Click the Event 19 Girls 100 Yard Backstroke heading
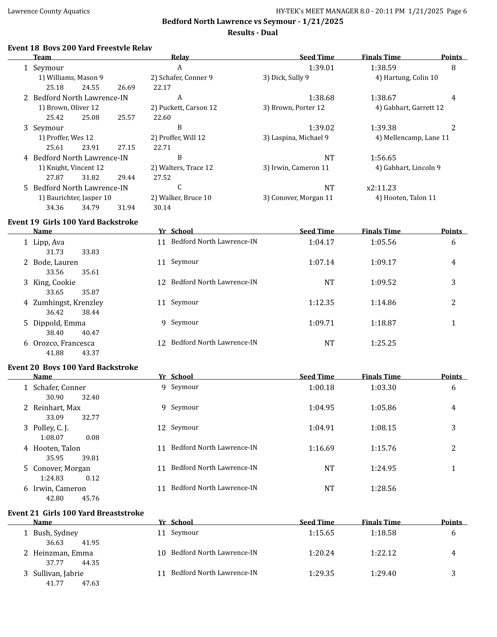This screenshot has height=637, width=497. pos(73,222)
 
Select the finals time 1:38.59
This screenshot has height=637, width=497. pos(383,68)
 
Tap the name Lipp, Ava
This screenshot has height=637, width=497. pos(49,242)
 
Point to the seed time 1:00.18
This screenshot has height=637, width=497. pos(321,388)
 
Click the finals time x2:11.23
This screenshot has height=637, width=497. pos(381,188)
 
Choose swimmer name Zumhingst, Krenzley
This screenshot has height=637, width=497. pos(68,303)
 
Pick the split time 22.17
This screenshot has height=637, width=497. pos(162,88)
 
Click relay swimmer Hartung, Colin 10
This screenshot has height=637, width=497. pos(406,78)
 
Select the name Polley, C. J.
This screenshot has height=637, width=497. pos(51,428)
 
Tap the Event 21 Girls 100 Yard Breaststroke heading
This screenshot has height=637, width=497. pos(76,513)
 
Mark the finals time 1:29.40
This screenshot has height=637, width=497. pos(383,573)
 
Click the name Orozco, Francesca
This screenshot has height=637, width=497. pos(64,343)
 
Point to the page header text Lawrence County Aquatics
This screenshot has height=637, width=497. pos(49,11)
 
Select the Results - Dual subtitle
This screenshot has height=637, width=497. pos(252,33)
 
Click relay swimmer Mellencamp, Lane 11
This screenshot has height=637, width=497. pos(412,138)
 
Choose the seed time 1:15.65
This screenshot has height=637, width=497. pos(321,533)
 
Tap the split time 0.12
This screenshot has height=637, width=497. pos(93,478)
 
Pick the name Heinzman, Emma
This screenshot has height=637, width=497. pos(63,553)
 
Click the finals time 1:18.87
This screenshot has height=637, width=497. pos(383,323)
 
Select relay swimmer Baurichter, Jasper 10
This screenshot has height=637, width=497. pos(75,198)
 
